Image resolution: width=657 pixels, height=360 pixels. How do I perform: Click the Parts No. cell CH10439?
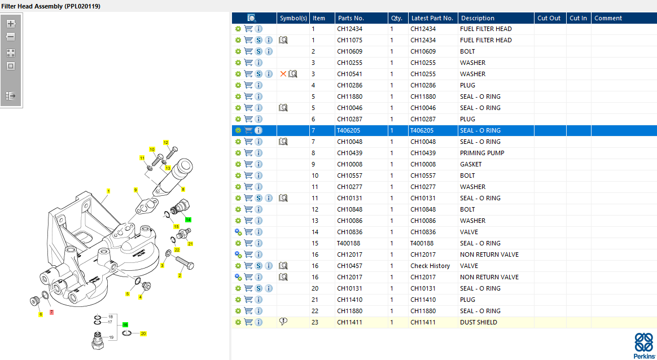[x=349, y=153]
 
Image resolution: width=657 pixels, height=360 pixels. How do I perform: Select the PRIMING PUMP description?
[x=482, y=153]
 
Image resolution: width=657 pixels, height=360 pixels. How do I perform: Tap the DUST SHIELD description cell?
[x=479, y=322]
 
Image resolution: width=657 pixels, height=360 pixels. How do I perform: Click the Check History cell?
[x=430, y=266]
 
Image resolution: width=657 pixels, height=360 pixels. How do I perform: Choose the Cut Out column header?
[x=549, y=18]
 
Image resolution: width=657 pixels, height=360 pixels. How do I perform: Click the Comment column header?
[x=608, y=18]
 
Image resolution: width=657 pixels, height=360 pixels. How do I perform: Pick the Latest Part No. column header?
[x=432, y=18]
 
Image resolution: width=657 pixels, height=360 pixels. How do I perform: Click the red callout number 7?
[x=51, y=312]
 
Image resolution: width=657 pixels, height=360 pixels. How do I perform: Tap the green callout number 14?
[x=188, y=219]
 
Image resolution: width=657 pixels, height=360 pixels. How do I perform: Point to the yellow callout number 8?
[x=183, y=190]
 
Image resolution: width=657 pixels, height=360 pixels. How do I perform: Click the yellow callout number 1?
[x=108, y=191]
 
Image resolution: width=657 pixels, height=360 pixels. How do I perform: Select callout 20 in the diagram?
[x=143, y=333]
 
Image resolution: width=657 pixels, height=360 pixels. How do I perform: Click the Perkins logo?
[x=644, y=345]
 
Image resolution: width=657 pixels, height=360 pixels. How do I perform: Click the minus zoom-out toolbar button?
[x=11, y=37]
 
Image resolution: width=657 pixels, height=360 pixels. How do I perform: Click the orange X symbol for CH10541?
[x=283, y=74]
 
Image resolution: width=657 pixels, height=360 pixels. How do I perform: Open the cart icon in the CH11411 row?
[x=248, y=322]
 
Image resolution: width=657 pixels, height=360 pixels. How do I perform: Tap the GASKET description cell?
[x=471, y=164]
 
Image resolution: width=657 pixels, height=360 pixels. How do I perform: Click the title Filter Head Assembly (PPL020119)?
[x=51, y=6]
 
